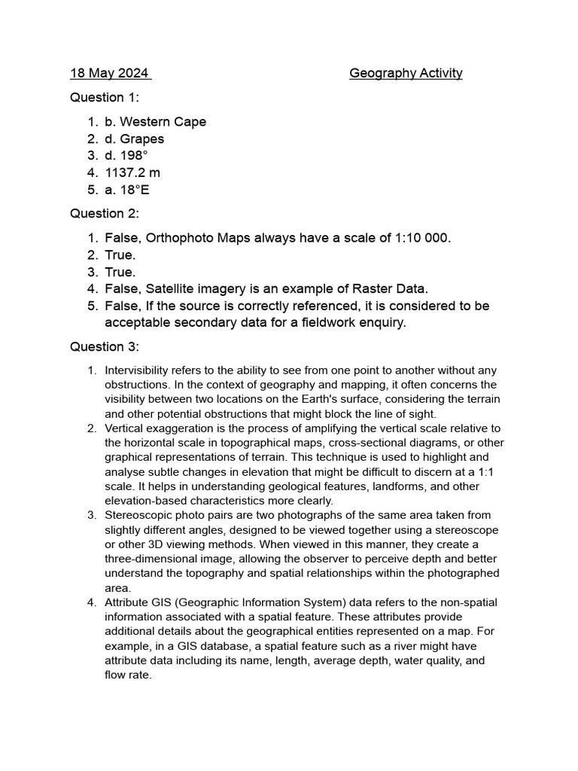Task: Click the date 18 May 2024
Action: coord(110,73)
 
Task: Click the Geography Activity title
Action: coord(406,73)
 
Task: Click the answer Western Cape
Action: coord(163,122)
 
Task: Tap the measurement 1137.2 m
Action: coord(132,173)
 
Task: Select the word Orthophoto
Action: coord(181,238)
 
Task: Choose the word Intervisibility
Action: coord(138,370)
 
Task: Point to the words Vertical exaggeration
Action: coord(166,428)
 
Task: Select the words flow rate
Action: coord(128,675)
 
